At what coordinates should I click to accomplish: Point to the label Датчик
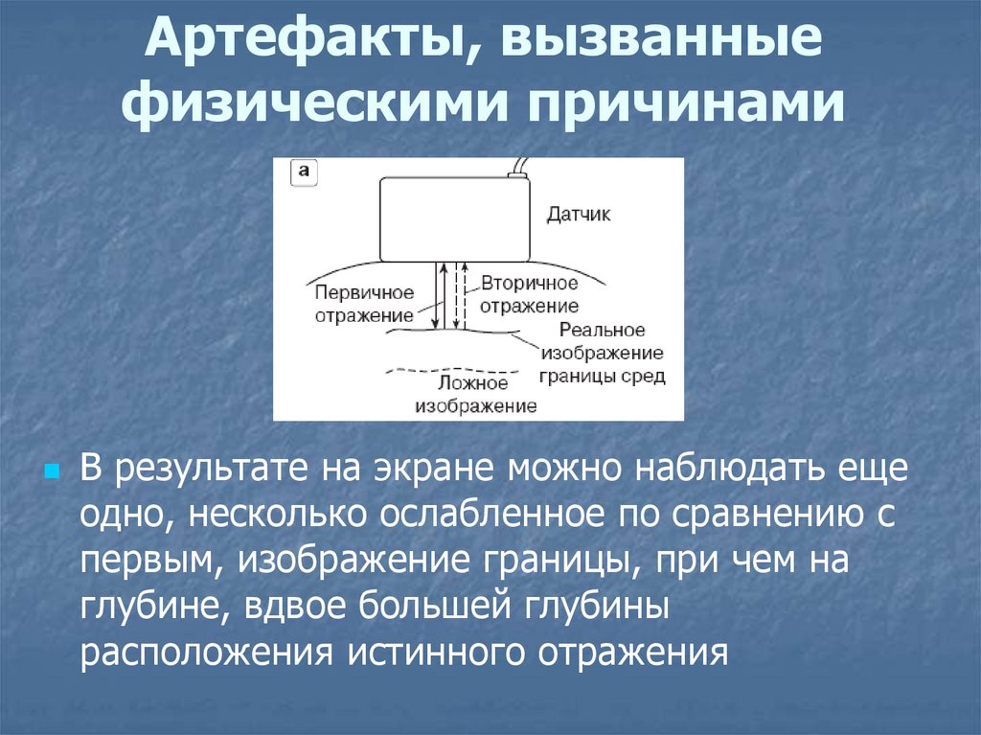[x=578, y=215]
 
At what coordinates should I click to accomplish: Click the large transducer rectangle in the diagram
[x=455, y=218]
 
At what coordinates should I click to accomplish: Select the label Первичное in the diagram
[x=364, y=291]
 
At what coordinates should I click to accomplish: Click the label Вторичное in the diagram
[x=530, y=284]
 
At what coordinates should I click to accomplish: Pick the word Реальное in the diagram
[x=602, y=331]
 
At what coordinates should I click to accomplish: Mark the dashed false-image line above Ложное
[x=451, y=370]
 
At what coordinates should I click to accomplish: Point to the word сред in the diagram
[x=644, y=377]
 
